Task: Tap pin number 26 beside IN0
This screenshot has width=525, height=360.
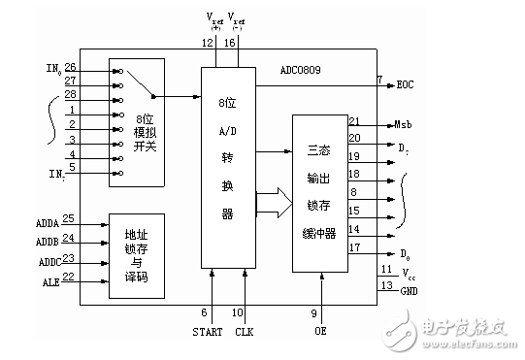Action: coord(71,67)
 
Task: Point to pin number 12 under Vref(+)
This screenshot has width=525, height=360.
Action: coord(207,43)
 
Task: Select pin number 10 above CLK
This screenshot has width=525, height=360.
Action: coord(237,311)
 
